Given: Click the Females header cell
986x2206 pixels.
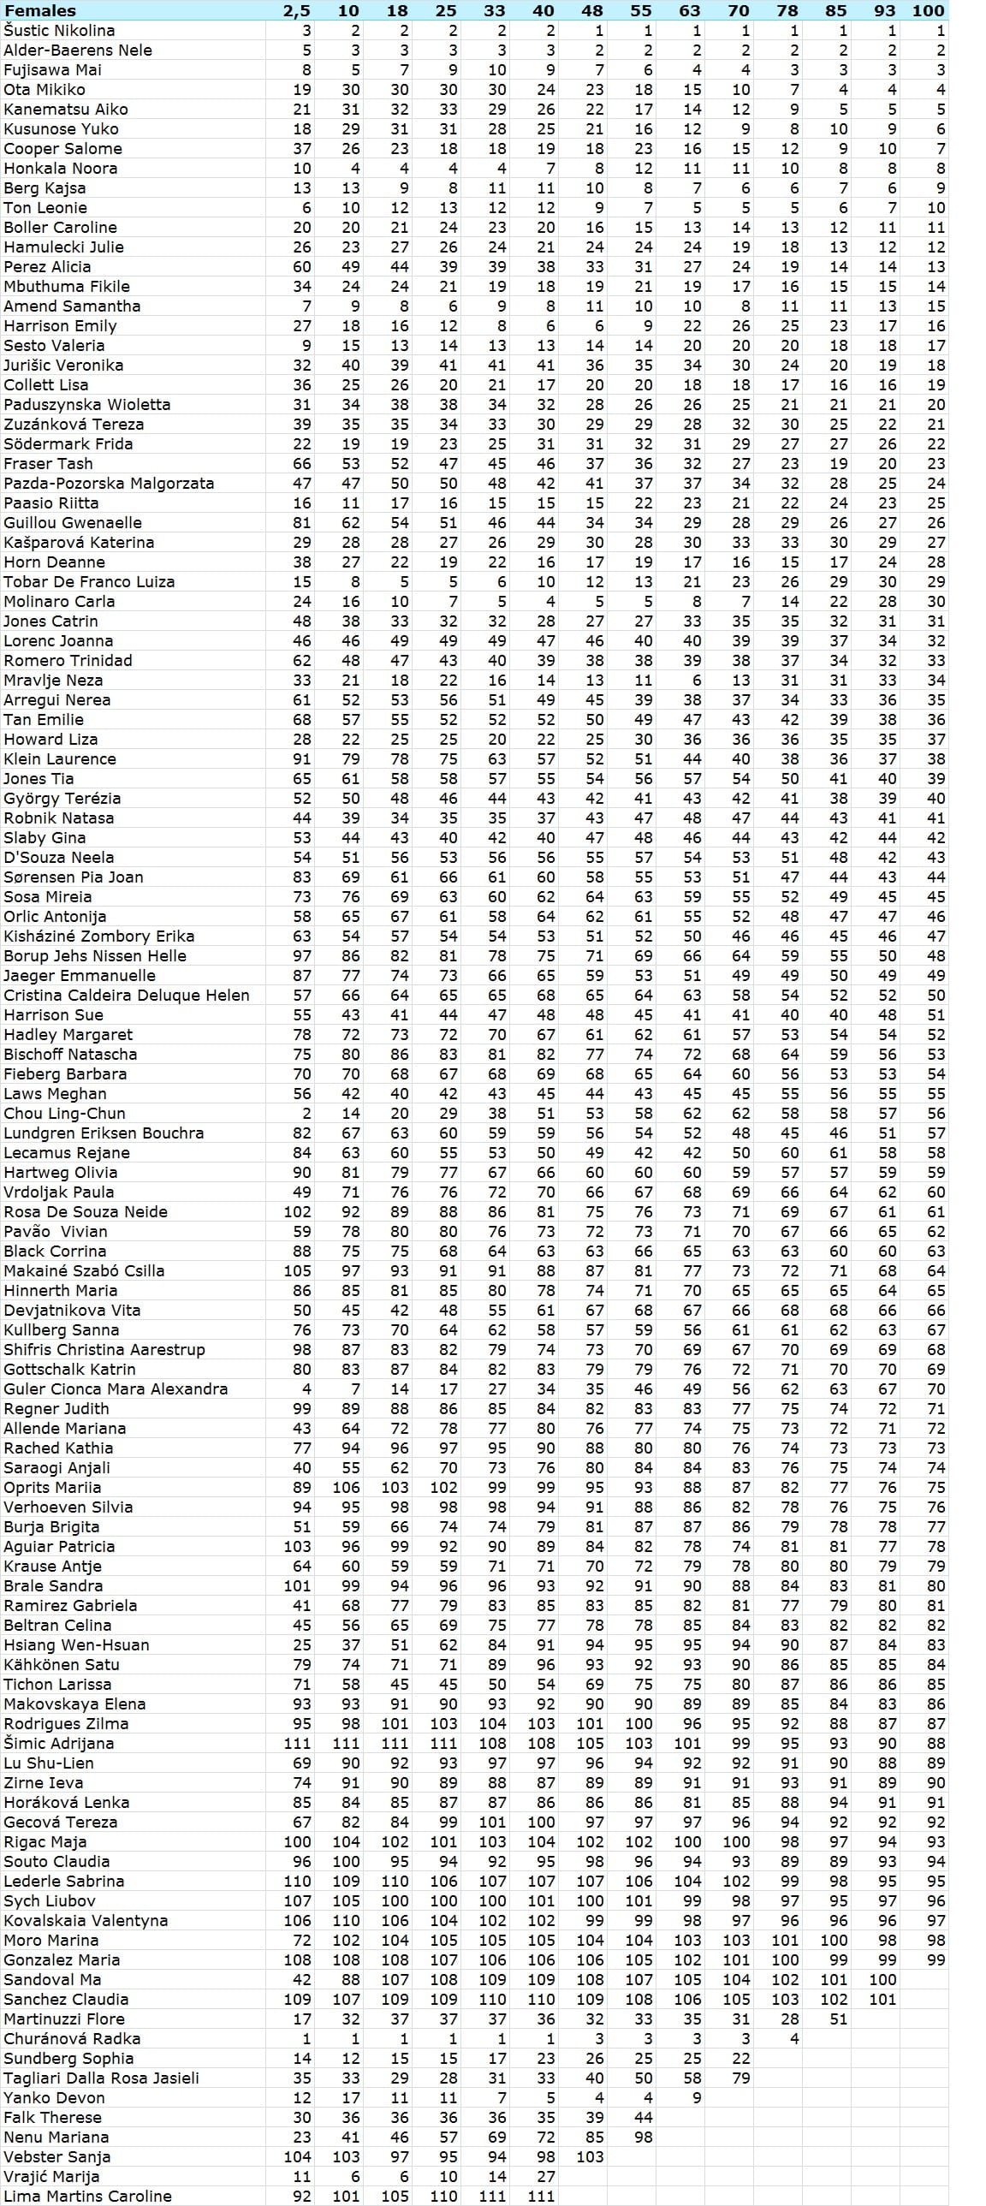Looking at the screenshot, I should coord(40,10).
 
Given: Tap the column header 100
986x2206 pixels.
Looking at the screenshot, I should coord(929,10).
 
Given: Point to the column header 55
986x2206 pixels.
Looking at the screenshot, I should coord(641,10).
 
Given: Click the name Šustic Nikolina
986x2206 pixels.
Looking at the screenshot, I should coord(59,30).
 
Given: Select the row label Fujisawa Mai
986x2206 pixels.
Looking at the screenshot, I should coord(52,69).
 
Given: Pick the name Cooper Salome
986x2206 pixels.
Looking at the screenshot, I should coord(62,148).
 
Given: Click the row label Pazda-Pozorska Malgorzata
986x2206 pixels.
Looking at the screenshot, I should coord(109,483).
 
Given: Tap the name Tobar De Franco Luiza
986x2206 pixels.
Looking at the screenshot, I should coord(89,581).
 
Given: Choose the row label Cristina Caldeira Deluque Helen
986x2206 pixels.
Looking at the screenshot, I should coord(127,995).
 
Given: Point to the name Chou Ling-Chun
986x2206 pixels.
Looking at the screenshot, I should coord(64,1114).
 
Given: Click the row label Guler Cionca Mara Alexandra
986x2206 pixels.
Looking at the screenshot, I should coord(116,1389).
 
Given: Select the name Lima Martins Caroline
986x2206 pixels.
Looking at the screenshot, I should coord(87,2196).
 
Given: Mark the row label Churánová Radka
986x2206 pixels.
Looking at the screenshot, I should coord(72,2038).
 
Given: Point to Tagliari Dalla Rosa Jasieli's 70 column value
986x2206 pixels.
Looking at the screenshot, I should coord(741,2078).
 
